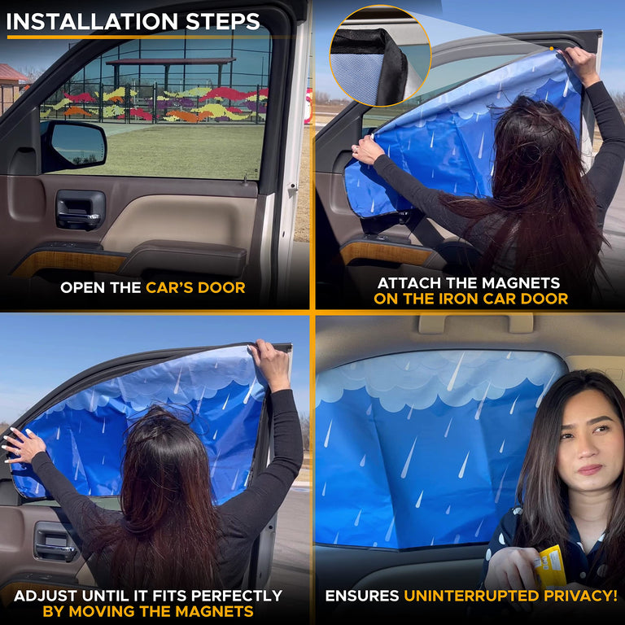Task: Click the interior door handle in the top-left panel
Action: pyautogui.click(x=80, y=209)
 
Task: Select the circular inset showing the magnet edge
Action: pyautogui.click(x=380, y=55)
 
